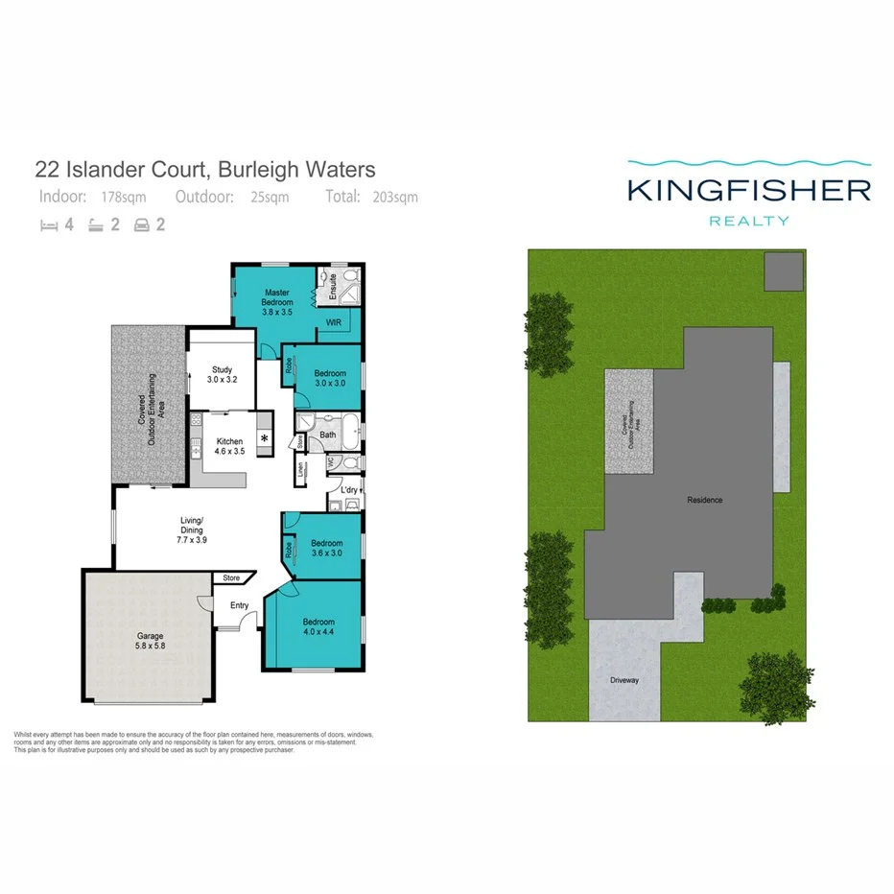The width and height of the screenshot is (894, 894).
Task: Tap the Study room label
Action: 222,374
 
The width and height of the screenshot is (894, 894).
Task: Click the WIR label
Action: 334,323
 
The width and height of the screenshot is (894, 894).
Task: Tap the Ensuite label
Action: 333,286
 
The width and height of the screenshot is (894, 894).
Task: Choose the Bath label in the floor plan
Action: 328,435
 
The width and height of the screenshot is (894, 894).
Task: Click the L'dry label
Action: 349,491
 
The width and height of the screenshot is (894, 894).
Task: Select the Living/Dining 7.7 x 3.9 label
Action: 193,531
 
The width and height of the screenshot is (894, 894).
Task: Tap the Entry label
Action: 239,605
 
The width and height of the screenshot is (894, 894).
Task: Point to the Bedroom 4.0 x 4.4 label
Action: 318,626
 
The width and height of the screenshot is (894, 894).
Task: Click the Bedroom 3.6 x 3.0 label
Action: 327,547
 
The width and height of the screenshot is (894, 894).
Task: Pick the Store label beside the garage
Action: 231,578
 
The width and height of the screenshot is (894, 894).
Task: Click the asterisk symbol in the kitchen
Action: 264,440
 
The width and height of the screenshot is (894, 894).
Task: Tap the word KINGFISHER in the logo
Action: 749,189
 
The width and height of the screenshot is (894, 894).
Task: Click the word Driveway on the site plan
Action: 623,680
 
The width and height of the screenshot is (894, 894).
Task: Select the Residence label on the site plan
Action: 704,500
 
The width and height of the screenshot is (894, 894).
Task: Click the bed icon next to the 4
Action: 49,227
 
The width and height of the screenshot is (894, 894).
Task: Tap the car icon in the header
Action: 142,227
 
